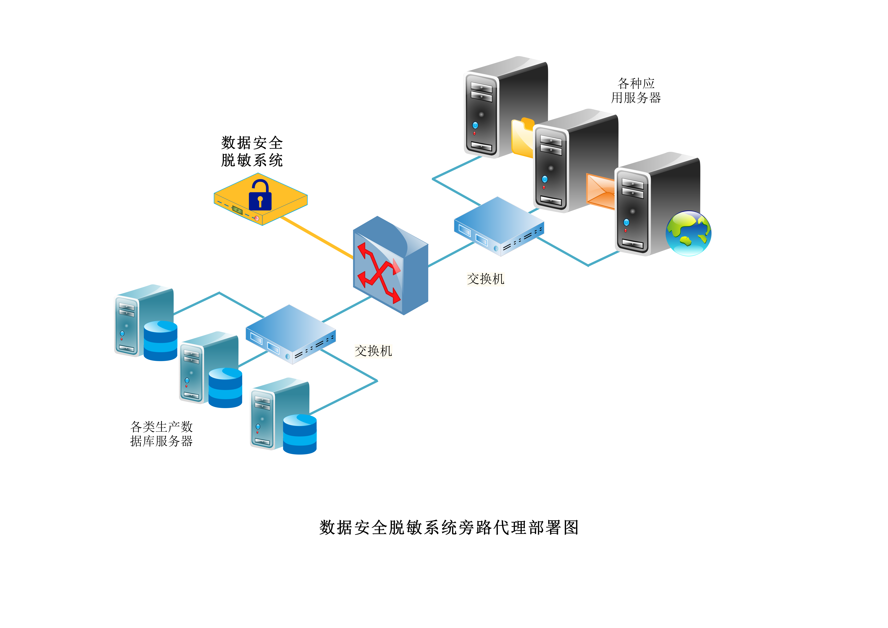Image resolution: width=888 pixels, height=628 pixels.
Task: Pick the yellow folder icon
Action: (522, 137)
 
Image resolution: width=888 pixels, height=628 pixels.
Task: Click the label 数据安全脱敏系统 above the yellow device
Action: (252, 151)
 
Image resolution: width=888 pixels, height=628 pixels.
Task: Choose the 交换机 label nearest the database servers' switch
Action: (373, 351)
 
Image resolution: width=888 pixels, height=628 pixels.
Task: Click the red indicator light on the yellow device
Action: (256, 218)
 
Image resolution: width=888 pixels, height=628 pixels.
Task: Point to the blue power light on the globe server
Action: (626, 222)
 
